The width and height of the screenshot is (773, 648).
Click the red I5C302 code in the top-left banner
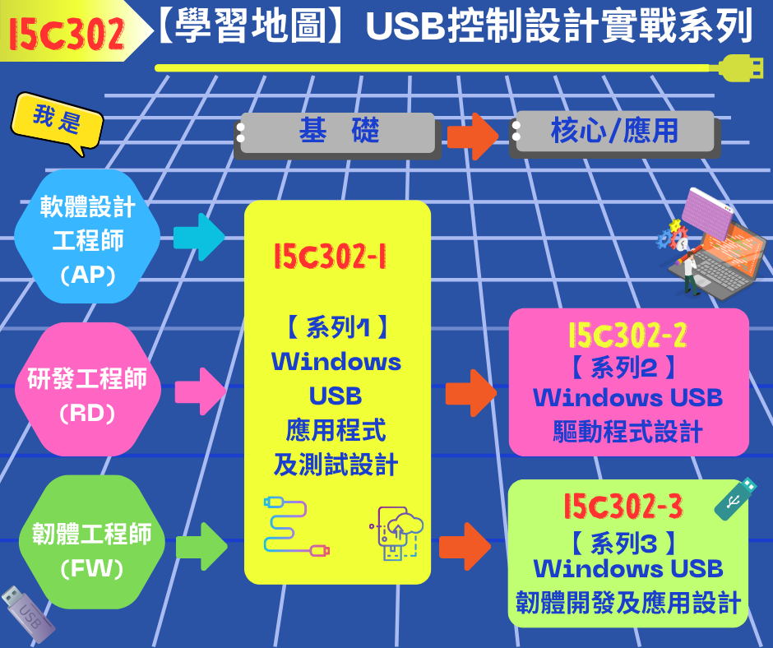[67, 33]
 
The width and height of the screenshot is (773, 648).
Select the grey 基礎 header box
[336, 134]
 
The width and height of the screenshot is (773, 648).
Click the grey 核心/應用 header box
[615, 133]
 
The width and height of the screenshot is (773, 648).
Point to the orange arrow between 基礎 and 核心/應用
[473, 137]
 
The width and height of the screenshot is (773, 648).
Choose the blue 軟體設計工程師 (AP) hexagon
[87, 236]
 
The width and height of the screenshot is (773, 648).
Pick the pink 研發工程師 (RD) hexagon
[88, 389]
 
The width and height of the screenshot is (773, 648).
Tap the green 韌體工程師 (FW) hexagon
[92, 542]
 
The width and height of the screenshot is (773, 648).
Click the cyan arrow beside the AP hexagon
[199, 237]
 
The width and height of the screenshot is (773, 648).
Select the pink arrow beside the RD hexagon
[201, 391]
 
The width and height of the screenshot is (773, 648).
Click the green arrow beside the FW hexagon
[201, 546]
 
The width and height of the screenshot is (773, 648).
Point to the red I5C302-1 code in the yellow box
[330, 257]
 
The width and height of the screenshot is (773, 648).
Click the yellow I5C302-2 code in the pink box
[627, 336]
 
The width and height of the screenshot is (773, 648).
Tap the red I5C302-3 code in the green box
[623, 506]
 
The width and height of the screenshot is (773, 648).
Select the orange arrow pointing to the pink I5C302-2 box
[471, 393]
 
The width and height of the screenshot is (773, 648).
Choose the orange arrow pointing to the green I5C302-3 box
[465, 546]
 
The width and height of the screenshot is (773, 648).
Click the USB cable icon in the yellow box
[296, 527]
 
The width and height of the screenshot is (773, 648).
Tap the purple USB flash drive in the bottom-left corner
[28, 614]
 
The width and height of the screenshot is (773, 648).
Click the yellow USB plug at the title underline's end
[740, 68]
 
